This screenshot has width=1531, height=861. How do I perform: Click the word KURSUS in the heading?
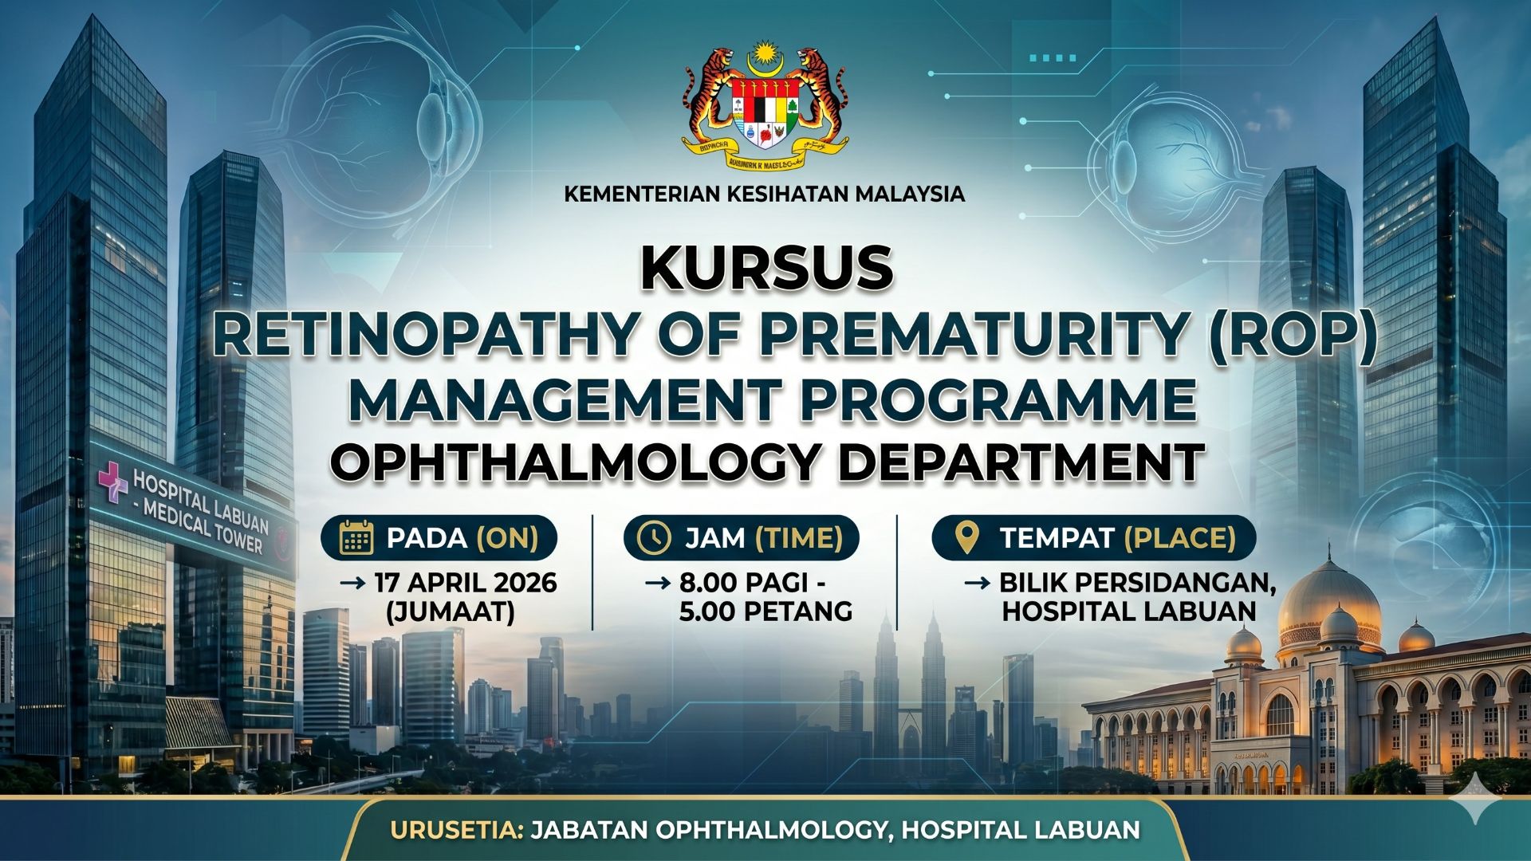pyautogui.click(x=766, y=269)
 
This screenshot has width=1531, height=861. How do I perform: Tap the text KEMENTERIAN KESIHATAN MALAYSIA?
pyautogui.click(x=764, y=194)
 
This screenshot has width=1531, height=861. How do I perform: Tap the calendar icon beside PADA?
pyautogui.click(x=356, y=538)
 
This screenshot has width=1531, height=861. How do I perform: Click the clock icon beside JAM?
pyautogui.click(x=655, y=538)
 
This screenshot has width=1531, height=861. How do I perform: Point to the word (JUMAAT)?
pyautogui.click(x=450, y=611)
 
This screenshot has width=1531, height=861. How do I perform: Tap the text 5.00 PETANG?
pyautogui.click(x=765, y=611)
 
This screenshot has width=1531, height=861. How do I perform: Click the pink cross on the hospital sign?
pyautogui.click(x=112, y=482)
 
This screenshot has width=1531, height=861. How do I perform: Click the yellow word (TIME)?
pyautogui.click(x=799, y=538)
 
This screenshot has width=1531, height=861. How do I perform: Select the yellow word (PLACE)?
pyautogui.click(x=1180, y=538)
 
